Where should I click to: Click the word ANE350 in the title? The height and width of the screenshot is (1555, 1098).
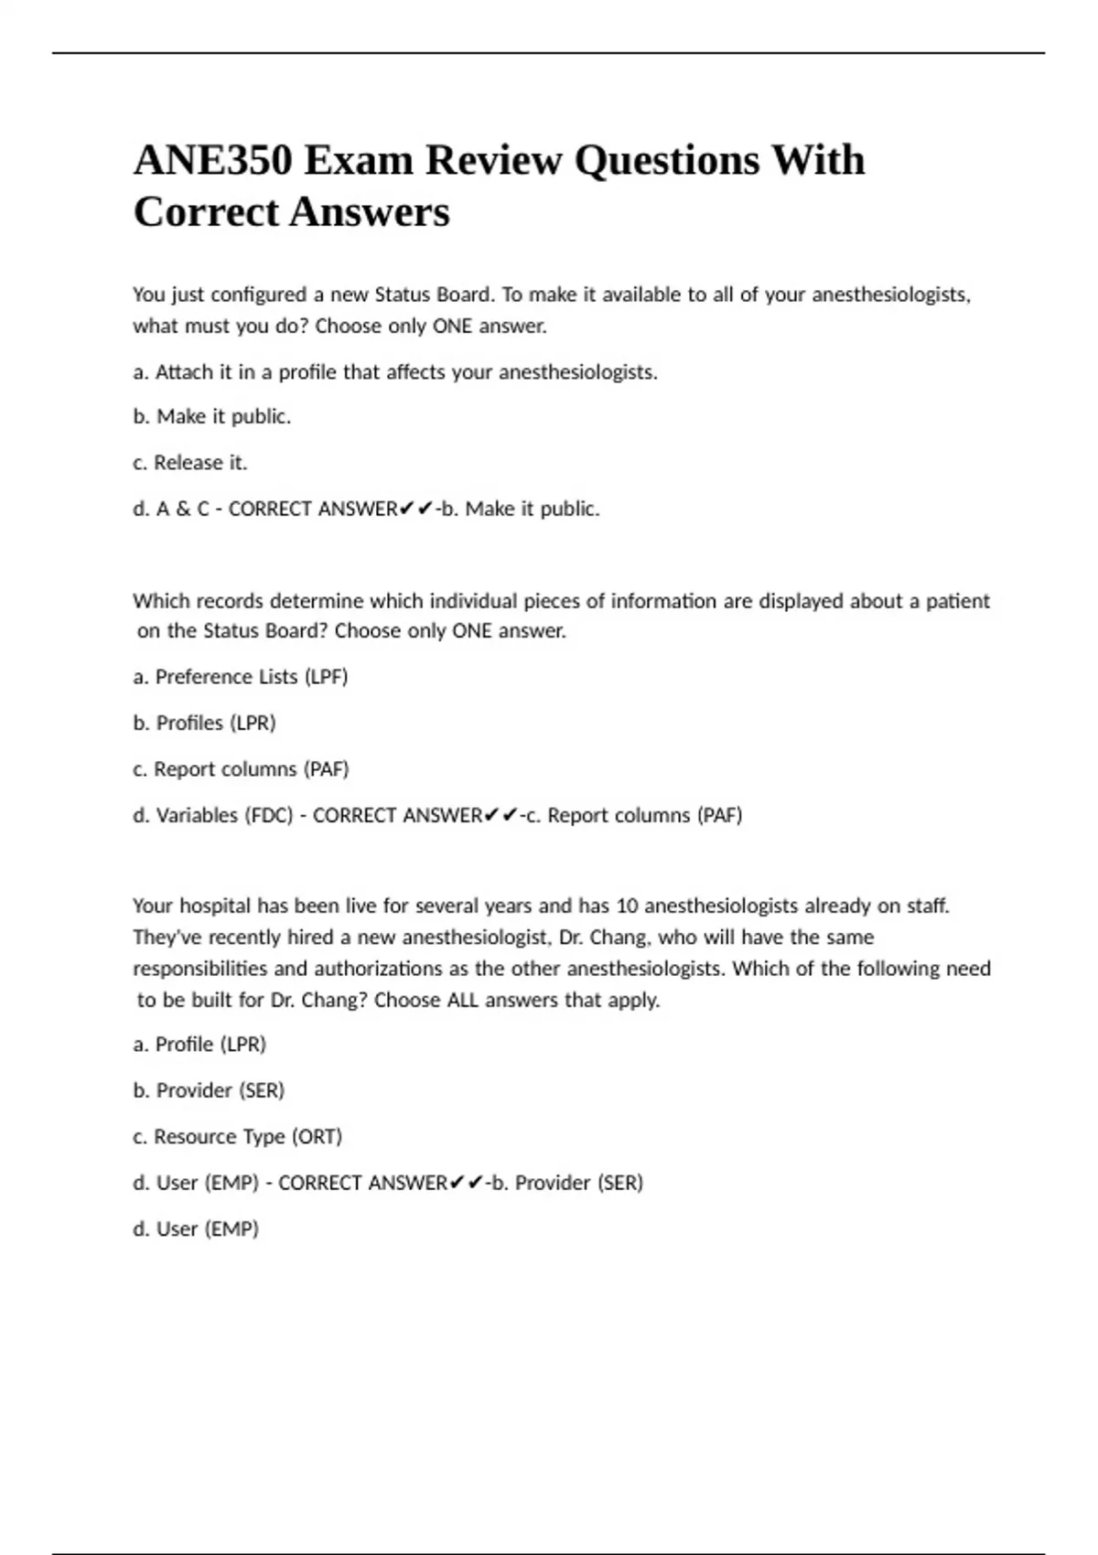[x=213, y=161]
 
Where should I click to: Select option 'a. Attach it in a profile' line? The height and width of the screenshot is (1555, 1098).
[x=394, y=372]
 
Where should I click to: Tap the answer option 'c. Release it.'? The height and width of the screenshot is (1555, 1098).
[x=190, y=463]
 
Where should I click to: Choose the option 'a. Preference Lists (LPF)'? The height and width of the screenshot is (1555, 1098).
[x=241, y=677]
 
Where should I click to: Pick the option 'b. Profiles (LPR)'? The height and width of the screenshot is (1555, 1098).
[x=204, y=723]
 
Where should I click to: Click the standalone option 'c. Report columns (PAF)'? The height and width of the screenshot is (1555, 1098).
[x=241, y=769]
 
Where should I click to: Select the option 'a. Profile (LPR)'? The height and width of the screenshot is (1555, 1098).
[x=199, y=1045]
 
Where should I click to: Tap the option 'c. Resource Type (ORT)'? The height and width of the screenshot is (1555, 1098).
[x=237, y=1137]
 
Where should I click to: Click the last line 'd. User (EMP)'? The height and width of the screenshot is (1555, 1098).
[x=196, y=1229]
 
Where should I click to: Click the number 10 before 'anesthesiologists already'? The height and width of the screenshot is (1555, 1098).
[x=627, y=906]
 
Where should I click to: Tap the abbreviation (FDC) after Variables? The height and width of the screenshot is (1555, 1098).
[x=269, y=815]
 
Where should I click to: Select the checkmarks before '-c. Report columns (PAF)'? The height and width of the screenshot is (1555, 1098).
[x=501, y=815]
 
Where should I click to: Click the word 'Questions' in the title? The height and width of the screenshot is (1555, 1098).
[x=667, y=161]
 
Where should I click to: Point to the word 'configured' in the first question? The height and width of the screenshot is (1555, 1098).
[x=259, y=295]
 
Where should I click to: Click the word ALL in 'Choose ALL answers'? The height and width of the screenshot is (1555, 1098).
[x=463, y=1000]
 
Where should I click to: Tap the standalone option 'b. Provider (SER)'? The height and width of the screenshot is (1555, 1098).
[x=209, y=1090]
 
